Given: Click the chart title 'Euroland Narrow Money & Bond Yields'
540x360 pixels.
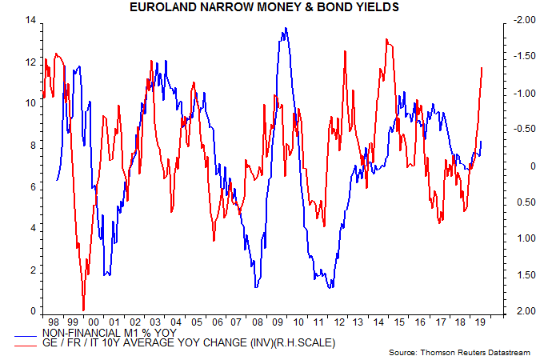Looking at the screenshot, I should pos(269,8).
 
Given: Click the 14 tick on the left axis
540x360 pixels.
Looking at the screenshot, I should pos(31,19).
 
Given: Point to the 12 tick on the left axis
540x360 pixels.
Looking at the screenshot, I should pos(31,62).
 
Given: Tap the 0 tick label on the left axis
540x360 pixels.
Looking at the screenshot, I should pos(34,311).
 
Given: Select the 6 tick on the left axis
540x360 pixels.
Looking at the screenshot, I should pos(34,186).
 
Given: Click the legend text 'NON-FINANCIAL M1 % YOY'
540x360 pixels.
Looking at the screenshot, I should pos(119,332).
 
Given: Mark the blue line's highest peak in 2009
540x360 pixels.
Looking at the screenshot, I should pos(286,29).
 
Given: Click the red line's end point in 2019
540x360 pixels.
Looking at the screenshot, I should pos(482,68).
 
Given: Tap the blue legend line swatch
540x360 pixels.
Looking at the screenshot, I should pos(33,332).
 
